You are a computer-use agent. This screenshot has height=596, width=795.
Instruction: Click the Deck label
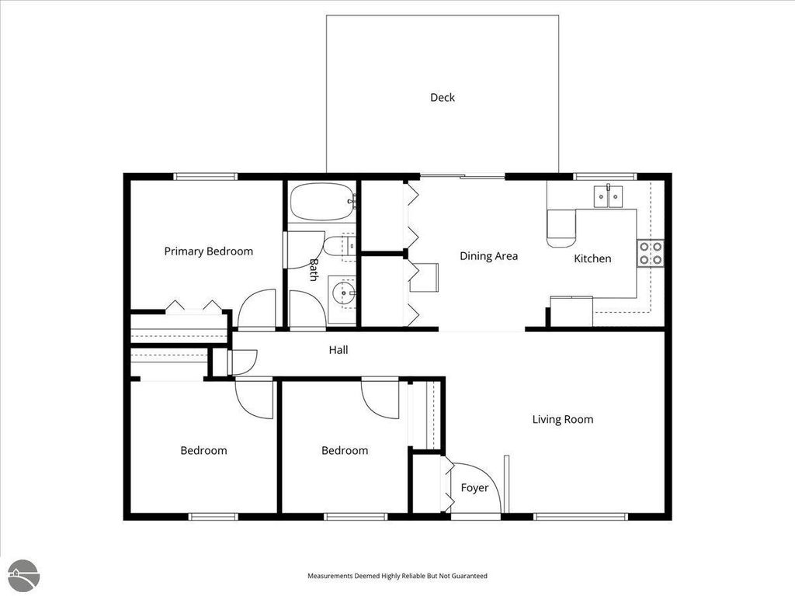(x=443, y=98)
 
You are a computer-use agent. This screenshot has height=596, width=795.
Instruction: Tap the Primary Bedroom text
(x=208, y=251)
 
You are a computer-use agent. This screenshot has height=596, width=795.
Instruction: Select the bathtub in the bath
(x=322, y=202)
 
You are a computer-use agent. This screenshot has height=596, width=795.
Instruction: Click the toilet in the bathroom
(x=338, y=247)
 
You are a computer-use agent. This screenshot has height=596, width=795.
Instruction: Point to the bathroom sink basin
(x=342, y=293)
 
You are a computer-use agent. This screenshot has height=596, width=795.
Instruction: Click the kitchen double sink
(x=609, y=197)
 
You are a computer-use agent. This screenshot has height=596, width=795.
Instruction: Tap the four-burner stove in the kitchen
(x=650, y=254)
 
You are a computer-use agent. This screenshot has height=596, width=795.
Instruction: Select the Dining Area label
(x=488, y=256)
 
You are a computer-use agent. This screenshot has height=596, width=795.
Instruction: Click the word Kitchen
(x=592, y=258)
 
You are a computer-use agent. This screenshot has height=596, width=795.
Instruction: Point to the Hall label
(x=338, y=350)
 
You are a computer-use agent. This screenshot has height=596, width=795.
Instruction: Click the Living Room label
(x=562, y=420)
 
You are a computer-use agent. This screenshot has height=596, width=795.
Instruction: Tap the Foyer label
(x=474, y=488)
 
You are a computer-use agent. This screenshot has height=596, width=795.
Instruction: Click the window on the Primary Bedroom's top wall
(x=205, y=176)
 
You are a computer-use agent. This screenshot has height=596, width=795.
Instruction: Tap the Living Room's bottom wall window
(x=581, y=516)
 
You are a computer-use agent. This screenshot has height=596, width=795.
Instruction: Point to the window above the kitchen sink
(x=604, y=176)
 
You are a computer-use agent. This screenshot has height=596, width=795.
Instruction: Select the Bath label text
(x=314, y=269)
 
